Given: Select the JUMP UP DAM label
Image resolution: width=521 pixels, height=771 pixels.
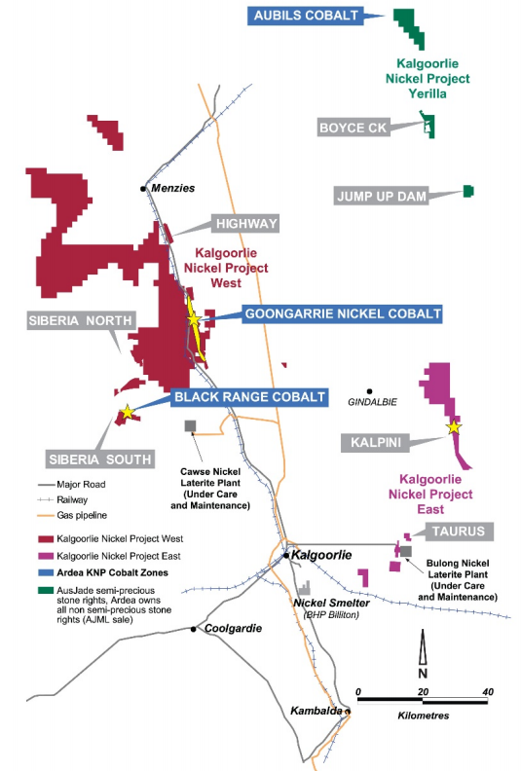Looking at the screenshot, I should tap(381, 196).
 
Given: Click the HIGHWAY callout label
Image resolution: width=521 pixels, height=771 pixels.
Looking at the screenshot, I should tap(247, 224).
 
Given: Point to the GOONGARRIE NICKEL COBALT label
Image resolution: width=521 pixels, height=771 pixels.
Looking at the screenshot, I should tap(342, 313).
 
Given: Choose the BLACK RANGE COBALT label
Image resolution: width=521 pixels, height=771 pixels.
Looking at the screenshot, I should tap(249, 397).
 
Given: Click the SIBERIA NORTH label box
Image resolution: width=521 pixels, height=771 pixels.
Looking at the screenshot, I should tap(68, 321).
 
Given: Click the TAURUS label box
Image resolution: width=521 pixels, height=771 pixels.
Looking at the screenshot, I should tap(459, 532).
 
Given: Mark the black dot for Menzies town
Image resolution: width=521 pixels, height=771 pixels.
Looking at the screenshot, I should tap(143, 188).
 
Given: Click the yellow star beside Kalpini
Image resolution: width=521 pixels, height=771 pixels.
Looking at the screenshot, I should tap(453, 426).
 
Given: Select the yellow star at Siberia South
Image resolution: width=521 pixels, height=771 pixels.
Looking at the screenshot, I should tap(125, 413).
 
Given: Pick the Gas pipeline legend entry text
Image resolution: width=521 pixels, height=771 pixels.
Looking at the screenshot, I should tap(85, 515).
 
